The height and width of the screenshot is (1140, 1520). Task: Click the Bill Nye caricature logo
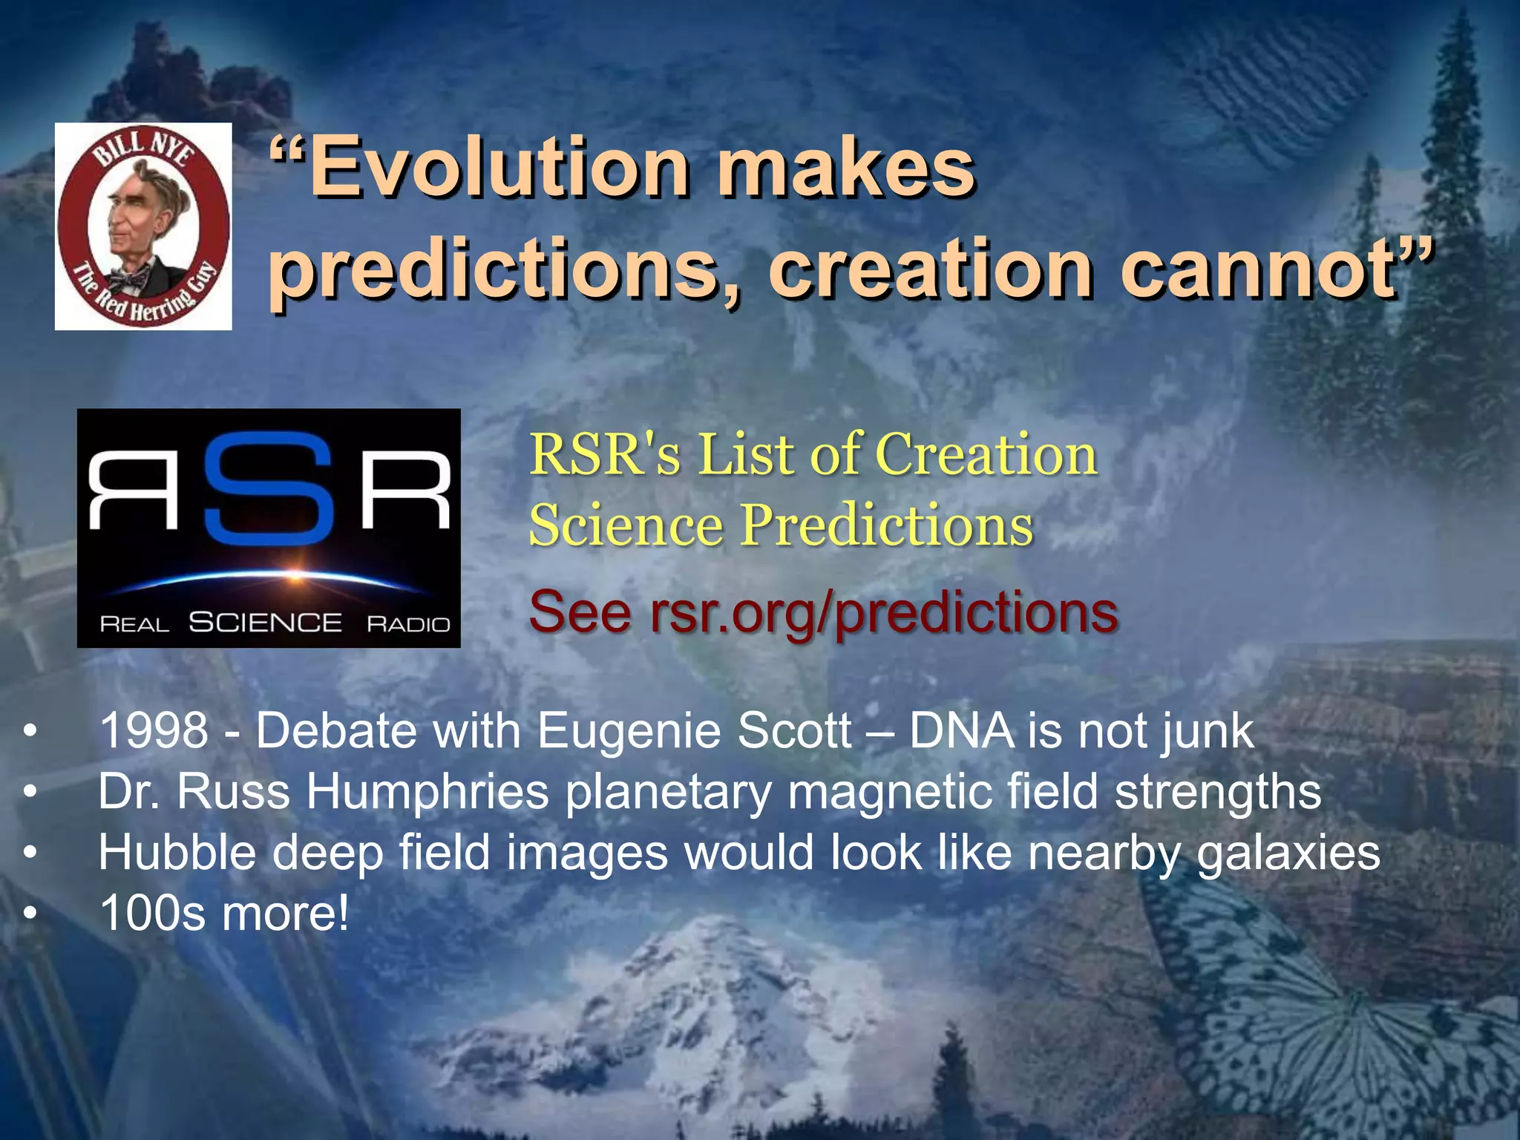pos(143,226)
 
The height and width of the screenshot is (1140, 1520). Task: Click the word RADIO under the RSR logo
pos(408,624)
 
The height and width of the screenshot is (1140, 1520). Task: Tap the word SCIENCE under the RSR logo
pos(265,622)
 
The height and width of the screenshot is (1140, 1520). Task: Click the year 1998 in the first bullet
pos(154,730)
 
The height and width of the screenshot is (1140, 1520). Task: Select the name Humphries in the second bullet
pos(427,792)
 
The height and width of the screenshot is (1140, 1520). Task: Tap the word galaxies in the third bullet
pos(1288,854)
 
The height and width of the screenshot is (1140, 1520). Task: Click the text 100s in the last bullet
pos(152,913)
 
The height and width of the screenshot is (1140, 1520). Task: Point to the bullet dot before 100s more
pos(29,914)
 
